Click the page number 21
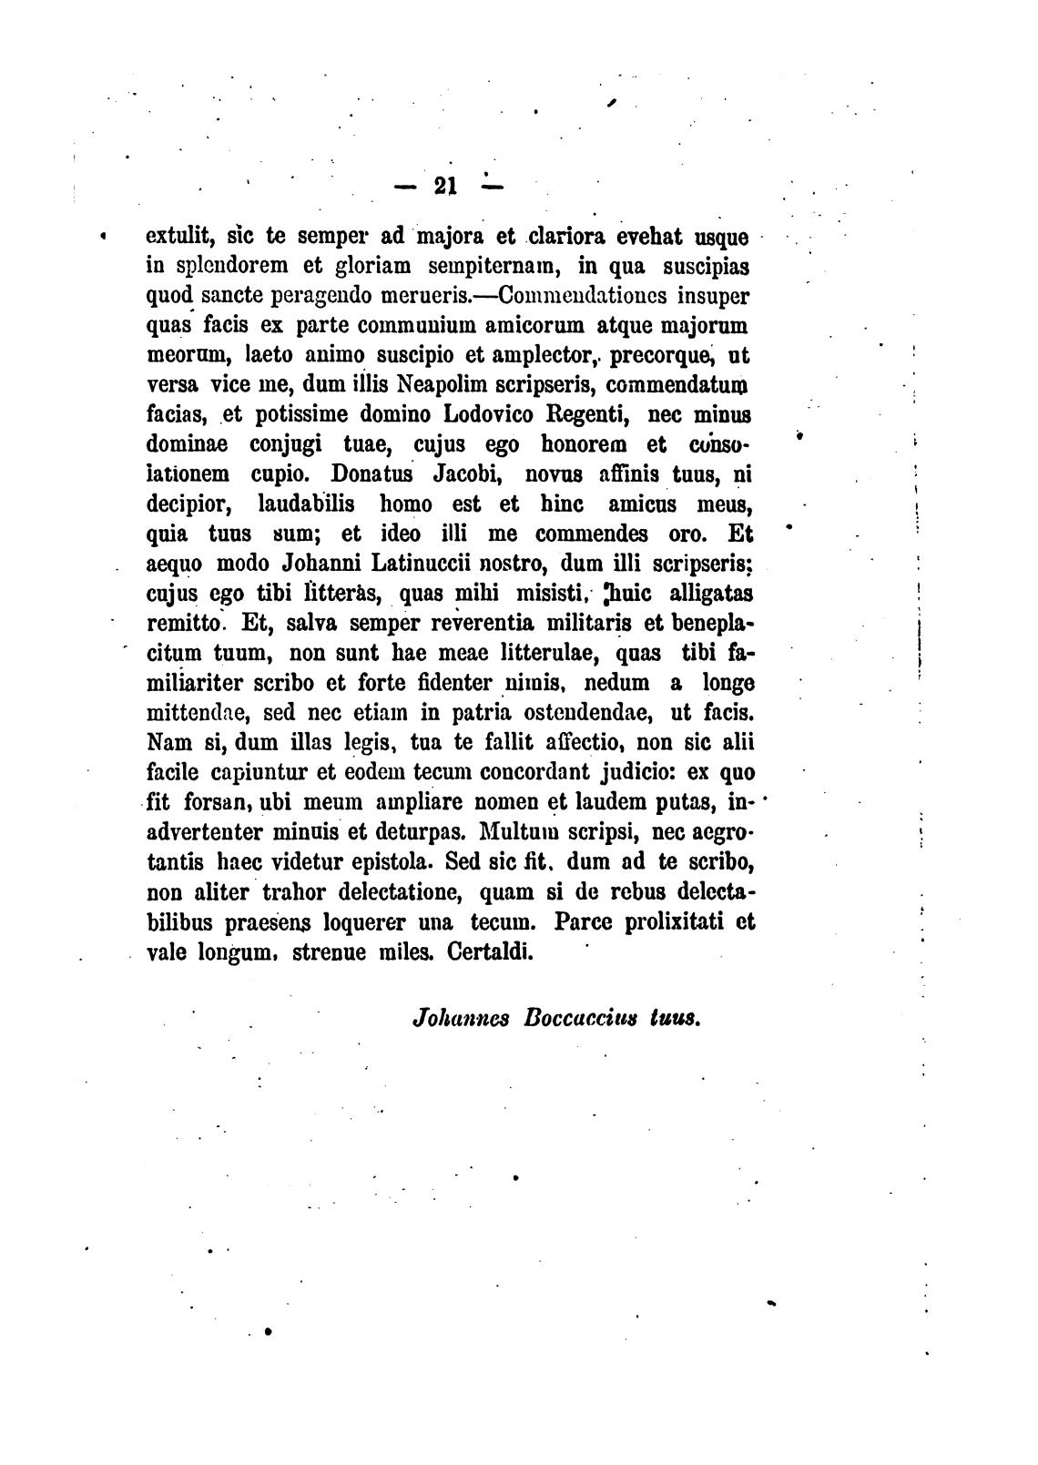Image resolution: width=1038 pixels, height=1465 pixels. [444, 186]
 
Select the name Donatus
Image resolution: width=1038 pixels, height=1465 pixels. [372, 474]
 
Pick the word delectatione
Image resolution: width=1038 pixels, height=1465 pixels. [378, 891]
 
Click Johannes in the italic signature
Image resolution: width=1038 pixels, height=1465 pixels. [461, 1018]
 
